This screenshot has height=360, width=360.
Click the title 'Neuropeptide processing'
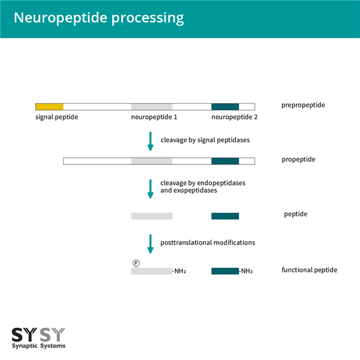click(98, 18)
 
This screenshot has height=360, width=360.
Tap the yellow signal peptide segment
click(49, 106)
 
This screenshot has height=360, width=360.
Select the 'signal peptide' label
click(56, 117)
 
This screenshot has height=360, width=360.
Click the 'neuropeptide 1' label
click(154, 117)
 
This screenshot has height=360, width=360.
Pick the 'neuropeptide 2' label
click(235, 117)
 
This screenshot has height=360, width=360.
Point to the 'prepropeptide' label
click(303, 106)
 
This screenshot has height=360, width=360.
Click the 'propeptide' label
click(298, 160)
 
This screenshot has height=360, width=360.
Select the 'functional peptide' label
click(309, 270)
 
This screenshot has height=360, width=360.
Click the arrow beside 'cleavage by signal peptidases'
click(151, 141)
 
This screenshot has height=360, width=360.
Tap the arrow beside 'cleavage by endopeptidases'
click(151, 188)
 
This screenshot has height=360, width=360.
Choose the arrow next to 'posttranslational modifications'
click(151, 244)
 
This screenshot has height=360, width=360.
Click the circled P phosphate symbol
click(136, 263)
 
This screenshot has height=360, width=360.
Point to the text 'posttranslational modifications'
click(208, 243)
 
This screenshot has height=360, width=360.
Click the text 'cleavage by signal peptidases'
click(205, 140)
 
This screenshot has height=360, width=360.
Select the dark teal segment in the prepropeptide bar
click(225, 106)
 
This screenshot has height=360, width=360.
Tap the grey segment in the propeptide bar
click(152, 161)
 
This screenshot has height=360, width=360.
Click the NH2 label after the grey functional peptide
click(179, 271)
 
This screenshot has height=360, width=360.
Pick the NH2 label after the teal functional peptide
click(246, 271)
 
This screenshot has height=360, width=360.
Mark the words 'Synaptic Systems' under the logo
click(39, 346)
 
